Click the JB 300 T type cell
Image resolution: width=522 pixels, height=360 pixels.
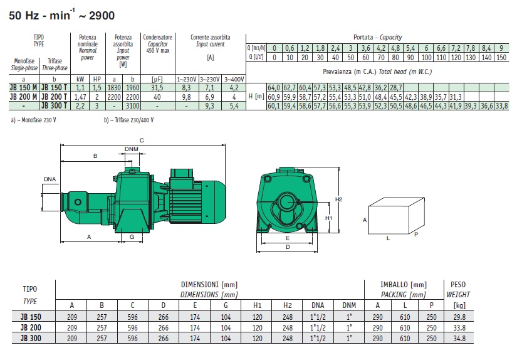[x=55, y=106]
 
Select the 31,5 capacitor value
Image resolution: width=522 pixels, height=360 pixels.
[x=157, y=88]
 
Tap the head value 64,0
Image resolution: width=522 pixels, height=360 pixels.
[x=274, y=88]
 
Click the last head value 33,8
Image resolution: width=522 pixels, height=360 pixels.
[x=501, y=106]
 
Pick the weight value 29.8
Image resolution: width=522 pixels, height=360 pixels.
[x=459, y=317]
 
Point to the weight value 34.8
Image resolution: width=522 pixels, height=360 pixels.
[x=459, y=338]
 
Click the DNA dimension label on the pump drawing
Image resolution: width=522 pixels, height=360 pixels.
[x=50, y=179]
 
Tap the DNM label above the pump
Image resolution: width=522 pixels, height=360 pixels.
[x=132, y=149]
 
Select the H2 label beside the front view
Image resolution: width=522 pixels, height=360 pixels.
[x=338, y=199]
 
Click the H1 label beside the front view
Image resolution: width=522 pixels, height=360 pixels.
[x=328, y=218]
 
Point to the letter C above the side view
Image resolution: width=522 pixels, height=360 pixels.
[x=142, y=140]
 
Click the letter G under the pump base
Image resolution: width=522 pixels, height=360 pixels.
[x=132, y=237]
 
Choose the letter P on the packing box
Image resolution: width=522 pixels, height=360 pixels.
[x=416, y=235]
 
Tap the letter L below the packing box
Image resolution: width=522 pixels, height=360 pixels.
[x=388, y=239]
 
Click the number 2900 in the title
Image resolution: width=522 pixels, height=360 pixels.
[x=102, y=16]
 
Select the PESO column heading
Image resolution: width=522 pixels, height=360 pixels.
[x=458, y=285]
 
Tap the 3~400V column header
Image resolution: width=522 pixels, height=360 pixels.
[x=234, y=79]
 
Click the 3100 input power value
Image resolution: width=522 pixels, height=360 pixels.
[x=132, y=106]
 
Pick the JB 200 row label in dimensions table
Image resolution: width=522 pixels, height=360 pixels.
[x=31, y=327]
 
